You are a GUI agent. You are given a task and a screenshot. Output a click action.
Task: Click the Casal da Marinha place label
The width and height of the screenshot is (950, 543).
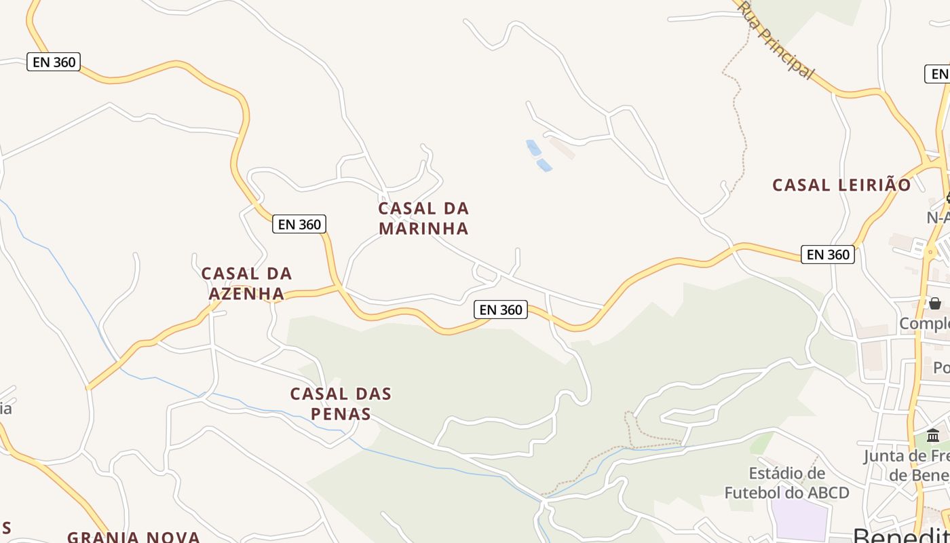tap(423, 218)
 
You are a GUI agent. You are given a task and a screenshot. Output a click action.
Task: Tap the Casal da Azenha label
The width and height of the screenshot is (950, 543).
tap(246, 283)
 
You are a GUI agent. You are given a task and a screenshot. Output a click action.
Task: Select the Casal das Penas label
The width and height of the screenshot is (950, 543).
tap(341, 403)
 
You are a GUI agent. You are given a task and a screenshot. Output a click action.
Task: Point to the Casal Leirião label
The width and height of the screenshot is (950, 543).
tap(841, 185)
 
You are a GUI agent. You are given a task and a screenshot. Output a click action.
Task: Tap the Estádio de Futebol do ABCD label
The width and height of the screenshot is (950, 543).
tap(786, 483)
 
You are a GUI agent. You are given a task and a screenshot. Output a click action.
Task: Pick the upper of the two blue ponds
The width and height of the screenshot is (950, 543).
tap(533, 147)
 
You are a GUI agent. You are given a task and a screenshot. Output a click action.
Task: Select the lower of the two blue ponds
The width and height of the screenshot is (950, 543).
tap(544, 165)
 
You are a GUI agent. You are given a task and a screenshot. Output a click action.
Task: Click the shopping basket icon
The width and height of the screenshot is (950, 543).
tap(935, 303)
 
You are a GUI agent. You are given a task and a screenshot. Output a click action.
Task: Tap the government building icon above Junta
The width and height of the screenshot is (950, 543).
tap(933, 435)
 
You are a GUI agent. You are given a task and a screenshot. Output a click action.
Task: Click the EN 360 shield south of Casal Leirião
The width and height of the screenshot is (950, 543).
tap(827, 255)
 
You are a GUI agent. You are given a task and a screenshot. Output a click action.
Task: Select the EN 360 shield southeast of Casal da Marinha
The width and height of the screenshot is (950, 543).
tap(501, 310)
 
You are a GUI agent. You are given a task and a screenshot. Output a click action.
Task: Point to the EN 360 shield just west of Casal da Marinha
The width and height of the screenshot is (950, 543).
tap(299, 224)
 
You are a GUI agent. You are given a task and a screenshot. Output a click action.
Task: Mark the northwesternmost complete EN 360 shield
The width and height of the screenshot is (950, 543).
tap(54, 62)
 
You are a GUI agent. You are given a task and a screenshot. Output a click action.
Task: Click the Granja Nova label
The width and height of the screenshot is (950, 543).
tap(133, 536)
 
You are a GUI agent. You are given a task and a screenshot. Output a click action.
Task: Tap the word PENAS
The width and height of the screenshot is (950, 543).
tap(341, 413)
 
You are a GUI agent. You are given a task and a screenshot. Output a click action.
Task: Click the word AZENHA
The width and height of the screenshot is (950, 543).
tap(246, 293)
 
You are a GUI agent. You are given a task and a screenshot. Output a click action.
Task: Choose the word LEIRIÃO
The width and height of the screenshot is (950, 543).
tap(874, 185)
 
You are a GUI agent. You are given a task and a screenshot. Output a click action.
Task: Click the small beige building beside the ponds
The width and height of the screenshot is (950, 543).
tap(562, 147)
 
